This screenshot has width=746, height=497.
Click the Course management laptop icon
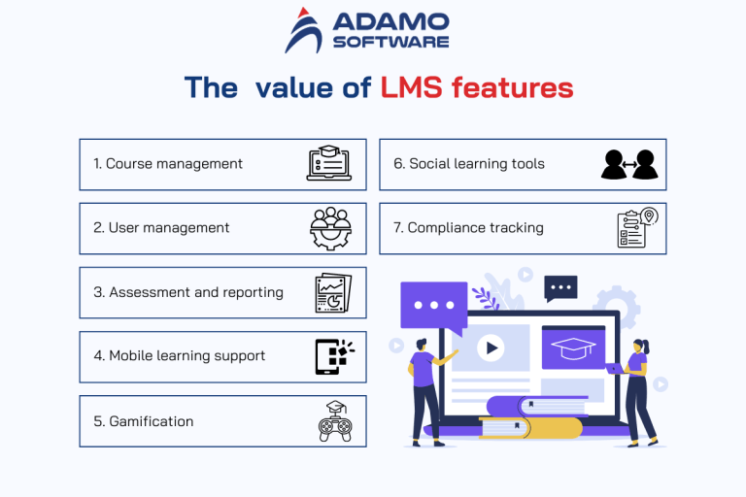pyautogui.click(x=327, y=164)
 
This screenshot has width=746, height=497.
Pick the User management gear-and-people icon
pyautogui.click(x=329, y=228)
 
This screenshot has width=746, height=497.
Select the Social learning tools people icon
pyautogui.click(x=628, y=164)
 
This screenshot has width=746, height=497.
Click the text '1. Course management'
pyautogui.click(x=168, y=164)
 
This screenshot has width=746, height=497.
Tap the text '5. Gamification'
pyautogui.click(x=144, y=421)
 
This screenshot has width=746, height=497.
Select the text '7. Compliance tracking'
pyautogui.click(x=468, y=228)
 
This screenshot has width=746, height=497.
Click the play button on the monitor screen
pyautogui.click(x=491, y=347)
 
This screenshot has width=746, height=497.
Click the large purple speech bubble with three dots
pyautogui.click(x=427, y=304)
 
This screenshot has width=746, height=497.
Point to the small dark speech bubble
pyautogui.click(x=560, y=287)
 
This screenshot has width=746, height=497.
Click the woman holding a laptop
pyautogui.click(x=637, y=388)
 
